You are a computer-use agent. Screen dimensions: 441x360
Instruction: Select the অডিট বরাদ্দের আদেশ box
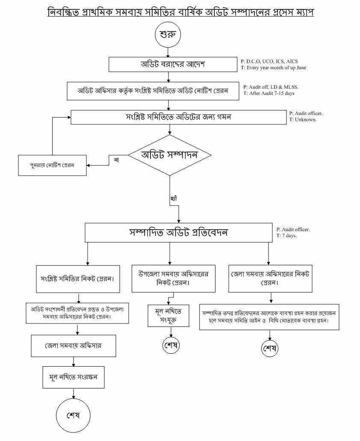pyautogui.click(x=173, y=65)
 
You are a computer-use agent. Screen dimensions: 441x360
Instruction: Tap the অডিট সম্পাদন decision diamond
pyautogui.click(x=170, y=155)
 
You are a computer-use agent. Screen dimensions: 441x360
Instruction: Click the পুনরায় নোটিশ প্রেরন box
pyautogui.click(x=52, y=165)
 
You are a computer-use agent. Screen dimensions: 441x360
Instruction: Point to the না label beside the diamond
pyautogui.click(x=116, y=160)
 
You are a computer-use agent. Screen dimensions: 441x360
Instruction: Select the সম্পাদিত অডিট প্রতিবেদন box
pyautogui.click(x=178, y=232)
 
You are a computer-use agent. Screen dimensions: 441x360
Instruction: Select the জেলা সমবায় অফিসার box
pyautogui.click(x=73, y=345)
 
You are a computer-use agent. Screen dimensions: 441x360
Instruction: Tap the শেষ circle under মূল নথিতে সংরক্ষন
pyautogui.click(x=73, y=415)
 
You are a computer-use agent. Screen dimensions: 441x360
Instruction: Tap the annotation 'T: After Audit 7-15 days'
pyautogui.click(x=269, y=93)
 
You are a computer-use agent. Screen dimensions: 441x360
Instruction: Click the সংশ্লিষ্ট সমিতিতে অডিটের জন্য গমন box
pyautogui.click(x=178, y=117)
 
